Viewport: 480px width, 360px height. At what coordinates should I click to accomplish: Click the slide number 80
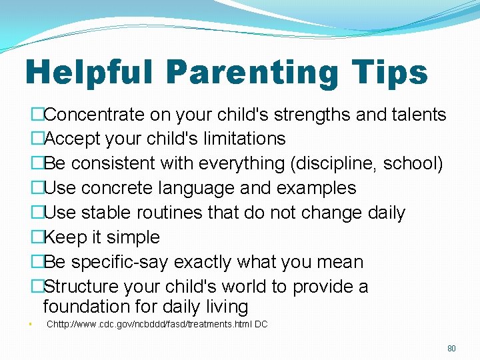[x=451, y=348]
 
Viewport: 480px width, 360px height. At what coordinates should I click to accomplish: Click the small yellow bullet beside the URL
[x=31, y=325]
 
